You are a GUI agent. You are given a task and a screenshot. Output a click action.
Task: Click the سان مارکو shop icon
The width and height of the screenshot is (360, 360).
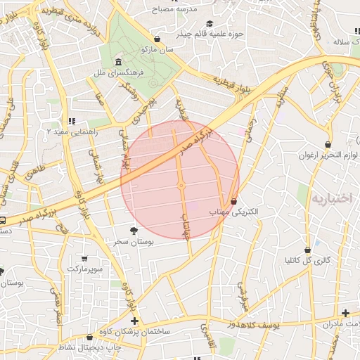point(157,39)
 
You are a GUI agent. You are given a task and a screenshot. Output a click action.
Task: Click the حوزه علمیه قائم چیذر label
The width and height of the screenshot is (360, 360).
point(211,33)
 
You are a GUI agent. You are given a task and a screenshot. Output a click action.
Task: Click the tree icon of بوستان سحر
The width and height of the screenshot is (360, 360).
point(134,230)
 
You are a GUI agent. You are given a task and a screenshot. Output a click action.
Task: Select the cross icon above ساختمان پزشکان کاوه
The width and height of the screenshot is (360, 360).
point(134,321)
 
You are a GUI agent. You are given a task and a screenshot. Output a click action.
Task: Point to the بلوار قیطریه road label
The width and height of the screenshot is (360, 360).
point(223,79)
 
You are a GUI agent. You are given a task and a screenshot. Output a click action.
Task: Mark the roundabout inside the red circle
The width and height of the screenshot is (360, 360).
point(181,186)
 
